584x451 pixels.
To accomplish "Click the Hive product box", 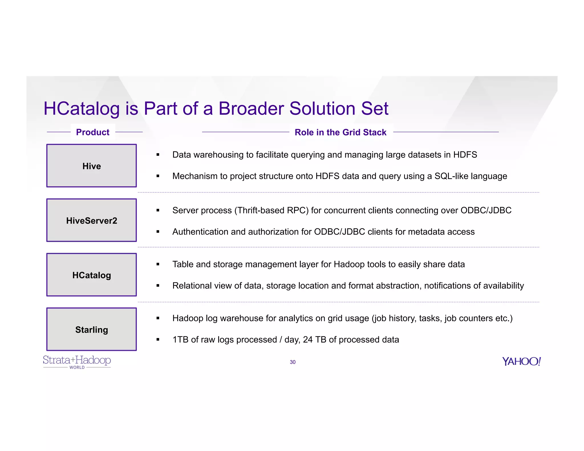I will [92, 166].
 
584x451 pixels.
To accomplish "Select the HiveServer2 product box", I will [92, 220].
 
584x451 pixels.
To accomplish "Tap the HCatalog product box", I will [92, 275].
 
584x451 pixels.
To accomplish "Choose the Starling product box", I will [92, 329].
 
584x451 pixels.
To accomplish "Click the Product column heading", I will [93, 132].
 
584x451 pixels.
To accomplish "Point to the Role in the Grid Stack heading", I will [340, 132].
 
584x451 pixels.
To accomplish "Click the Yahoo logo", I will [521, 361].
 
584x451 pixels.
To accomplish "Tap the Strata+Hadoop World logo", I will [77, 362].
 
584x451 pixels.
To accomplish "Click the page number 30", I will [293, 362].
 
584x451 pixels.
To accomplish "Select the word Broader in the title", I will [251, 109].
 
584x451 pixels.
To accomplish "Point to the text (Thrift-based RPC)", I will [271, 210].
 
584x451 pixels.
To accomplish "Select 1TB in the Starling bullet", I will [181, 340].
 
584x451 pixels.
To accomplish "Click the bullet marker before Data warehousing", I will [158, 155].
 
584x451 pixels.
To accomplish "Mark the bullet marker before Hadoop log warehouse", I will [158, 318].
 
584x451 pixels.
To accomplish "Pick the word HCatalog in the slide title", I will [82, 109].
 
